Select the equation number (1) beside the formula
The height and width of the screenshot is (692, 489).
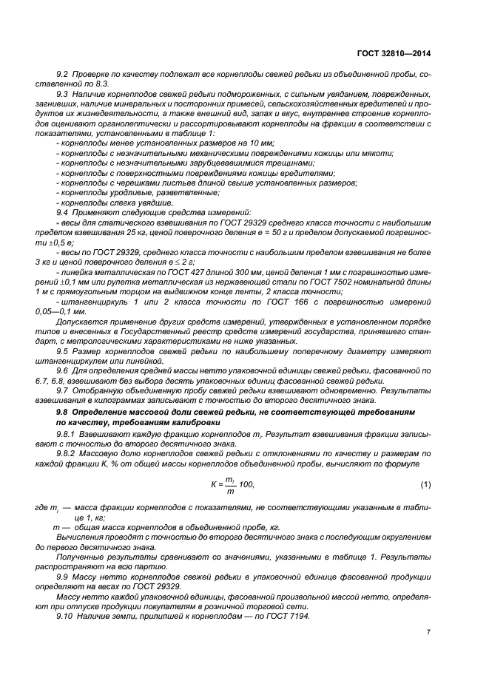[x=425, y=484]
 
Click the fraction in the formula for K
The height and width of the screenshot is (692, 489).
[x=230, y=484]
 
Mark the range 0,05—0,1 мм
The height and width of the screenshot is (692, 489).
[x=77, y=312]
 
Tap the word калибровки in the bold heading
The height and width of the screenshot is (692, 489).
[x=193, y=421]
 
